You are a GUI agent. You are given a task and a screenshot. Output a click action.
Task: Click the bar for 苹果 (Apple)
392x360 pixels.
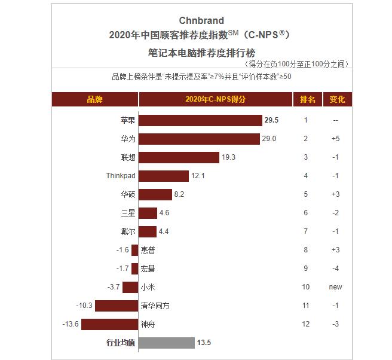(x=201, y=120)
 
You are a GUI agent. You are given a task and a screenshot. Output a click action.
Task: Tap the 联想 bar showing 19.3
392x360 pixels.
(x=179, y=157)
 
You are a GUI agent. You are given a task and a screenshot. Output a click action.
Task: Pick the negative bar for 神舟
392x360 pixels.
(x=110, y=324)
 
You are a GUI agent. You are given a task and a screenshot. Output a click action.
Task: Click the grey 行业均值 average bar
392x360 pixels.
(x=167, y=343)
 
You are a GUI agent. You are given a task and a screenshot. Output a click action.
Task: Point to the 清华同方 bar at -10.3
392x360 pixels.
(x=117, y=306)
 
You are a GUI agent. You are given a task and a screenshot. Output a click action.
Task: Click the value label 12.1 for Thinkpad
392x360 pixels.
(x=198, y=176)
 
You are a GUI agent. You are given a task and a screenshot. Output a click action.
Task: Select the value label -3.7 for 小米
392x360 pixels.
(x=114, y=287)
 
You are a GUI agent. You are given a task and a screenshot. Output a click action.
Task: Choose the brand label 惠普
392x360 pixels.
(x=149, y=250)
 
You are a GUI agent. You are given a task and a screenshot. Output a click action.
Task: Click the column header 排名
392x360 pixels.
(x=307, y=99)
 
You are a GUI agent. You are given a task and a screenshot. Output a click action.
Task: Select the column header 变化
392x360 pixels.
(x=337, y=99)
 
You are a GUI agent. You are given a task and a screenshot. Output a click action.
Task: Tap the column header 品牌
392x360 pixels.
(x=94, y=99)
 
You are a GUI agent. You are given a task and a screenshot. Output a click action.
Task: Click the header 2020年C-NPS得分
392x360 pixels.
(x=215, y=99)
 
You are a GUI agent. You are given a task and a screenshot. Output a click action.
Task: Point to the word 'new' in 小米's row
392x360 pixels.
(x=336, y=287)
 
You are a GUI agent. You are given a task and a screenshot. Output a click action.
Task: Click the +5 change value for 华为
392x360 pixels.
(x=336, y=139)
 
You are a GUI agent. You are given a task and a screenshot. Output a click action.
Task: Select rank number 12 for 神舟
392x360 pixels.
(x=306, y=324)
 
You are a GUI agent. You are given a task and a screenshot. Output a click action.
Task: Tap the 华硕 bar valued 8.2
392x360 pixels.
(x=155, y=194)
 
